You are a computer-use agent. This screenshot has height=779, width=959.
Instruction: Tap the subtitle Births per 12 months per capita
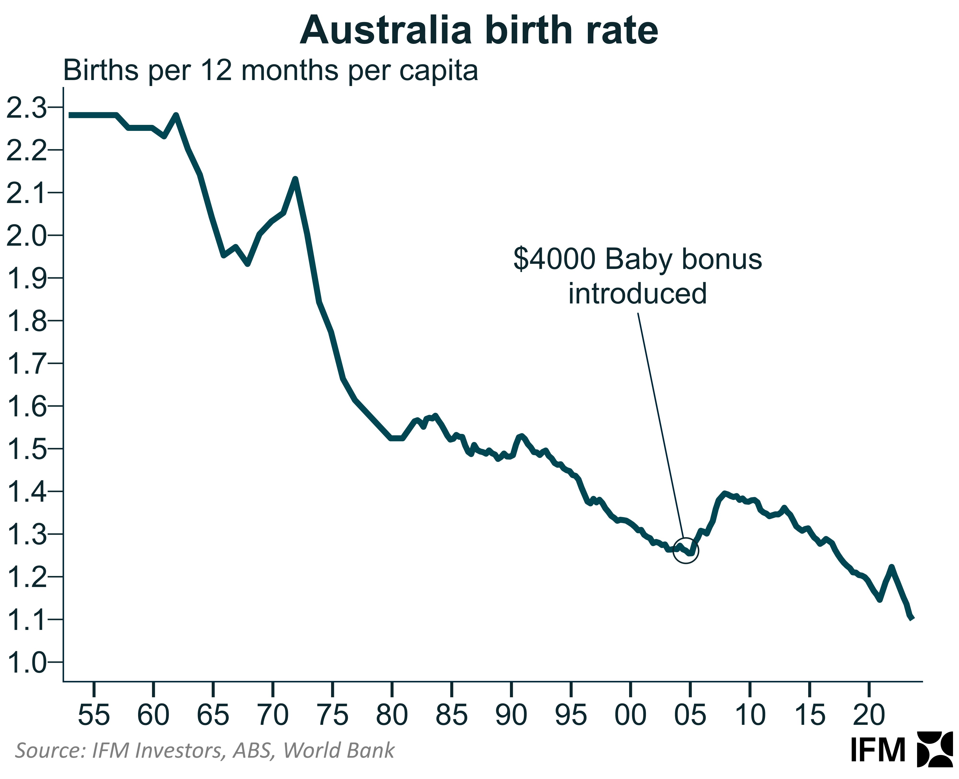tap(271, 70)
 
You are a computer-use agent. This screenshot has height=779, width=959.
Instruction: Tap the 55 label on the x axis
tap(94, 714)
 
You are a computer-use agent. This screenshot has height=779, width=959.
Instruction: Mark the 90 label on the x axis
tap(511, 714)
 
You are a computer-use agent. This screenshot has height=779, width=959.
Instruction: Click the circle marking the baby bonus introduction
tap(686, 551)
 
